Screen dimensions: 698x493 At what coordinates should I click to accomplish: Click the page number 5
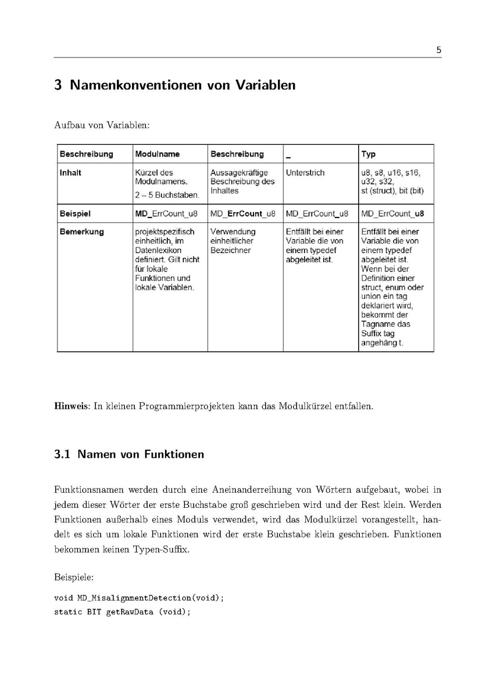pyautogui.click(x=438, y=50)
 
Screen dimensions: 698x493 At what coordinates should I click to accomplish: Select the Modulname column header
pyautogui.click(x=158, y=154)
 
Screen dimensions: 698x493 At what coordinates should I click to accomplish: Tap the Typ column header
pyautogui.click(x=368, y=154)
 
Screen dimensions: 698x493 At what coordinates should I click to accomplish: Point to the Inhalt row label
pyautogui.click(x=70, y=173)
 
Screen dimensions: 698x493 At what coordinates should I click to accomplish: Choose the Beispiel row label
pyautogui.click(x=75, y=213)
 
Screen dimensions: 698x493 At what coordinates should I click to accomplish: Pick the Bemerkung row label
pyautogui.click(x=81, y=232)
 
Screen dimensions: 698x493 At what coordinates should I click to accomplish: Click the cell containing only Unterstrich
pyautogui.click(x=305, y=173)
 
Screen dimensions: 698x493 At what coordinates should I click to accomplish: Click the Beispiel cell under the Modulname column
pyautogui.click(x=166, y=213)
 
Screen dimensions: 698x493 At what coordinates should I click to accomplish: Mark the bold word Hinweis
pyautogui.click(x=70, y=406)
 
